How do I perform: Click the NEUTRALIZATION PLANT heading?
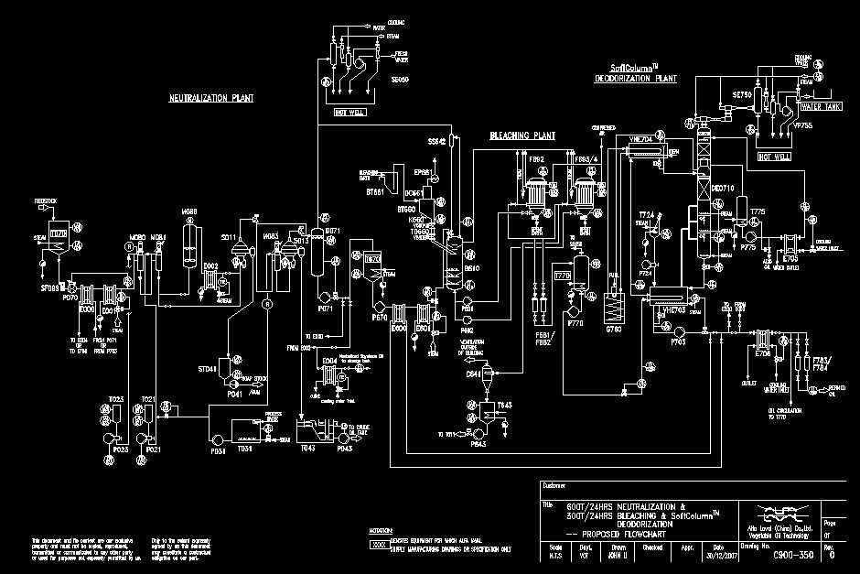point(210,97)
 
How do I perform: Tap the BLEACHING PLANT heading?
point(522,135)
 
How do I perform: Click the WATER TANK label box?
point(820,107)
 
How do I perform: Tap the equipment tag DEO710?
point(723,189)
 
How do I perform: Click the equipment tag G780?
point(615,328)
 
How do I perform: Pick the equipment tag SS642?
point(436,142)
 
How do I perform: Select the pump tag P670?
point(379,318)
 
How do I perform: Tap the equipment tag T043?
point(306,448)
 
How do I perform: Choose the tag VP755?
point(803,125)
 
